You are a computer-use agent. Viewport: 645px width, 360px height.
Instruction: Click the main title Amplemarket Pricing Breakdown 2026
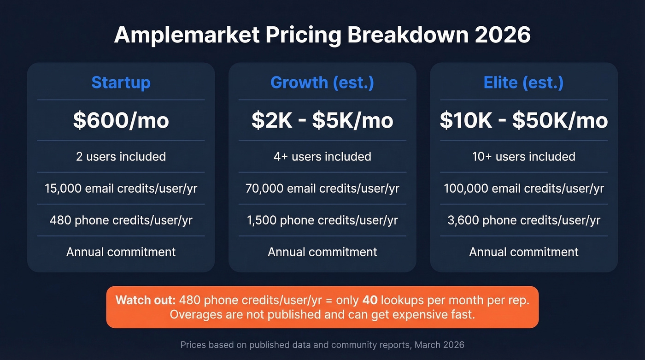[x=322, y=35]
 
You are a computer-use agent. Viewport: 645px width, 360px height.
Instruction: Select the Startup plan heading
[x=121, y=83]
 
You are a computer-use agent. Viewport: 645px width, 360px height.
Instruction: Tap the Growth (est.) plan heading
[x=322, y=83]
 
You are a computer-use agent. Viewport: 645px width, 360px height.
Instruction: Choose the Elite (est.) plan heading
[x=523, y=83]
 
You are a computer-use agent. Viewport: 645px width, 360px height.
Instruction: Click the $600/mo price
[x=121, y=120]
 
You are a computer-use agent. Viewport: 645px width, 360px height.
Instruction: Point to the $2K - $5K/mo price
[x=322, y=120]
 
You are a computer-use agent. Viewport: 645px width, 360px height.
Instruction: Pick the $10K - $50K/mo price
[x=523, y=120]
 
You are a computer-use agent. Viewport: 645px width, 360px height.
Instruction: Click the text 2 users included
[x=121, y=157]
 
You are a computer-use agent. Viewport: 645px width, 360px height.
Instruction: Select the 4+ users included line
[x=322, y=157]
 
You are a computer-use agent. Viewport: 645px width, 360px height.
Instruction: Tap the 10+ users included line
[x=523, y=157]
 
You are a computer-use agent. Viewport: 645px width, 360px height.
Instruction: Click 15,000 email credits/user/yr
[x=121, y=189]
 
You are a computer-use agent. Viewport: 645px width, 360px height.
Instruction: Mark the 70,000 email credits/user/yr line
[x=322, y=189]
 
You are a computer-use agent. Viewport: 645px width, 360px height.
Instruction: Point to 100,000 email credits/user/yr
[x=523, y=189]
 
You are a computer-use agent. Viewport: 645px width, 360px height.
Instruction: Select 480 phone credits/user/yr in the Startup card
[x=121, y=220]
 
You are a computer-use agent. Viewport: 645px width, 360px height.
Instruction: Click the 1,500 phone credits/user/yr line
[x=322, y=220]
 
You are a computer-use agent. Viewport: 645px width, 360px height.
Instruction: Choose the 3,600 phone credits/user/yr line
[x=523, y=220]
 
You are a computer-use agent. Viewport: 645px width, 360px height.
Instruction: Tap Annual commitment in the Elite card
[x=523, y=252]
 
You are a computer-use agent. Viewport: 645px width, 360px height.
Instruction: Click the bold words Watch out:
[x=145, y=301]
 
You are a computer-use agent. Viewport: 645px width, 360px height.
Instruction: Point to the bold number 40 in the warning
[x=370, y=301]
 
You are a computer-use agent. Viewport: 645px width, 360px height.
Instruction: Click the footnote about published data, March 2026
[x=322, y=345]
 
